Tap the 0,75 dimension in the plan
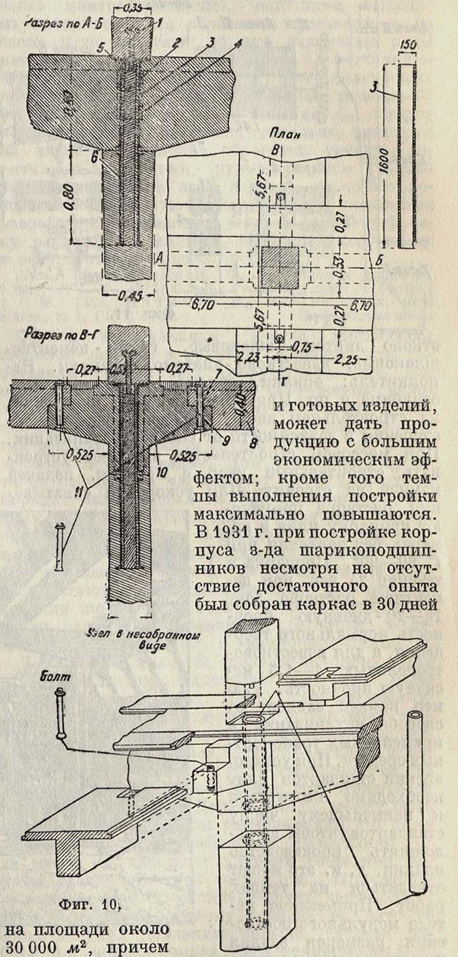tap(302, 347)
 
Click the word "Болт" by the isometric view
tap(56, 676)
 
